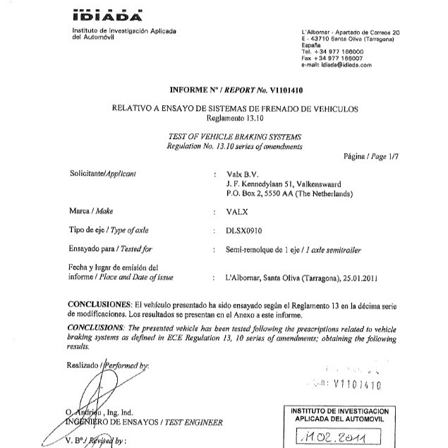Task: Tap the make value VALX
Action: (238, 211)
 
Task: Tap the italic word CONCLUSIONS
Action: (99, 328)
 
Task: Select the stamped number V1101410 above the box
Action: (356, 385)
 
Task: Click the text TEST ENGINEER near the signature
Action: (193, 423)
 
